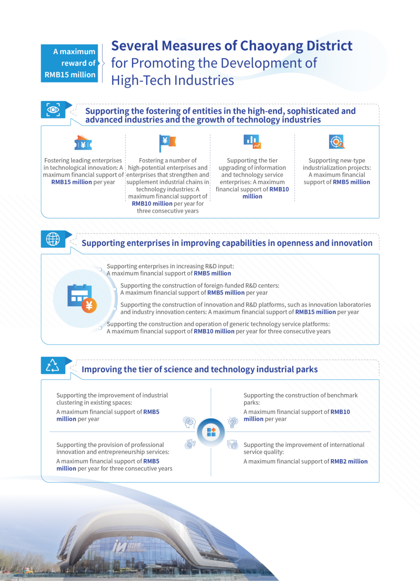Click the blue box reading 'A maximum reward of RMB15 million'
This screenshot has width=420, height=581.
70,63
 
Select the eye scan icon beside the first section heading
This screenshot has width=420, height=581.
53,110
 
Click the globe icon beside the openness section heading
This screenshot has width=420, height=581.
53,239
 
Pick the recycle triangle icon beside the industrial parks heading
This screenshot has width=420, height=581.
52,365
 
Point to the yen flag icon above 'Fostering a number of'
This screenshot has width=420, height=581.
167,143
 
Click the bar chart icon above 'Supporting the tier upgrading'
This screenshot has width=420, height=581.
252,142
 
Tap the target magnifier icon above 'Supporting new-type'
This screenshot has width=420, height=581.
336,142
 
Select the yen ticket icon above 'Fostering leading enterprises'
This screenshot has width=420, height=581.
83,143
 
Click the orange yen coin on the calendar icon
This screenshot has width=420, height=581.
89,305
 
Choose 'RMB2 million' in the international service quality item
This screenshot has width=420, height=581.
349,461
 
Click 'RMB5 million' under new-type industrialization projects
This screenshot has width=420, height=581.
351,182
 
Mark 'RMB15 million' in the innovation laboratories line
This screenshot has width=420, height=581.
315,312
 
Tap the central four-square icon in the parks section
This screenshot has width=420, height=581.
211,432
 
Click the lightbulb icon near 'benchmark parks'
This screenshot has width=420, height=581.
233,422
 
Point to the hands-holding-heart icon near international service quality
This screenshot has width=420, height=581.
232,444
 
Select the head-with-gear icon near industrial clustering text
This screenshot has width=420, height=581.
190,422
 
